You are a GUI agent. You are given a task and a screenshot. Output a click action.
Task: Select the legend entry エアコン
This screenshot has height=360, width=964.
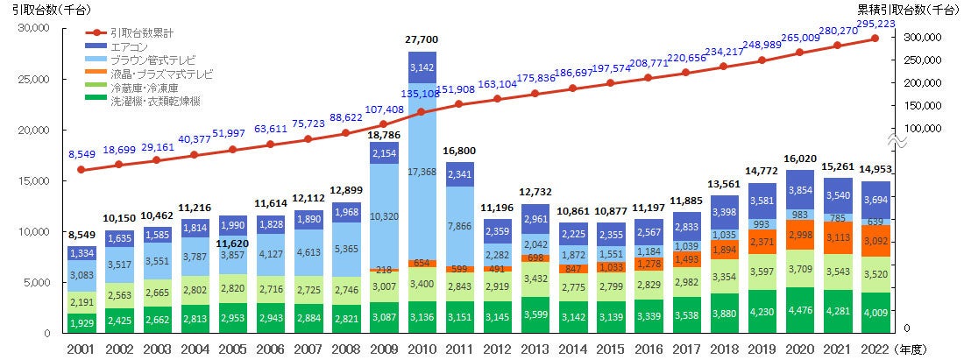(129, 46)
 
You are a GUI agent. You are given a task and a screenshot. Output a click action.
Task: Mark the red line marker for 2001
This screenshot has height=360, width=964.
(81, 169)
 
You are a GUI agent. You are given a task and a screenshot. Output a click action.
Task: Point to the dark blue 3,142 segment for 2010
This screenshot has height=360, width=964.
(422, 67)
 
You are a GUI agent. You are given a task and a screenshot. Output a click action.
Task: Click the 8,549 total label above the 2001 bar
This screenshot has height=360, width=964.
(81, 236)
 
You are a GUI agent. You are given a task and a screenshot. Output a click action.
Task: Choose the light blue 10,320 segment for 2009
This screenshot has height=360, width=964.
(383, 215)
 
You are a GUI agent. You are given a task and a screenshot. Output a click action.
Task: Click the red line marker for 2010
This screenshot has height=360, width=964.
(422, 112)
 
